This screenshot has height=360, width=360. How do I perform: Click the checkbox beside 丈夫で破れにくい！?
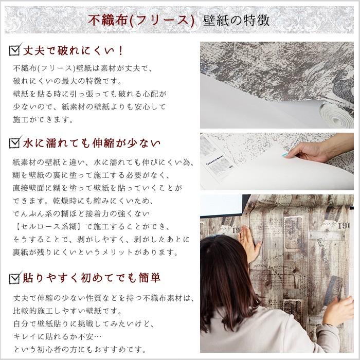tap(15, 50)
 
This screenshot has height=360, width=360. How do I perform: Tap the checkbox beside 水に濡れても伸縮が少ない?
tap(15, 142)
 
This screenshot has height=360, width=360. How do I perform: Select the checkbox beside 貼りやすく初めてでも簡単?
tap(15, 278)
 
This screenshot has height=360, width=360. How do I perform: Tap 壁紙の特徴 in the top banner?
tap(237, 21)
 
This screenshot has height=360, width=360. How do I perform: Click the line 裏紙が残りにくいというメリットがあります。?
tap(95, 253)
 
